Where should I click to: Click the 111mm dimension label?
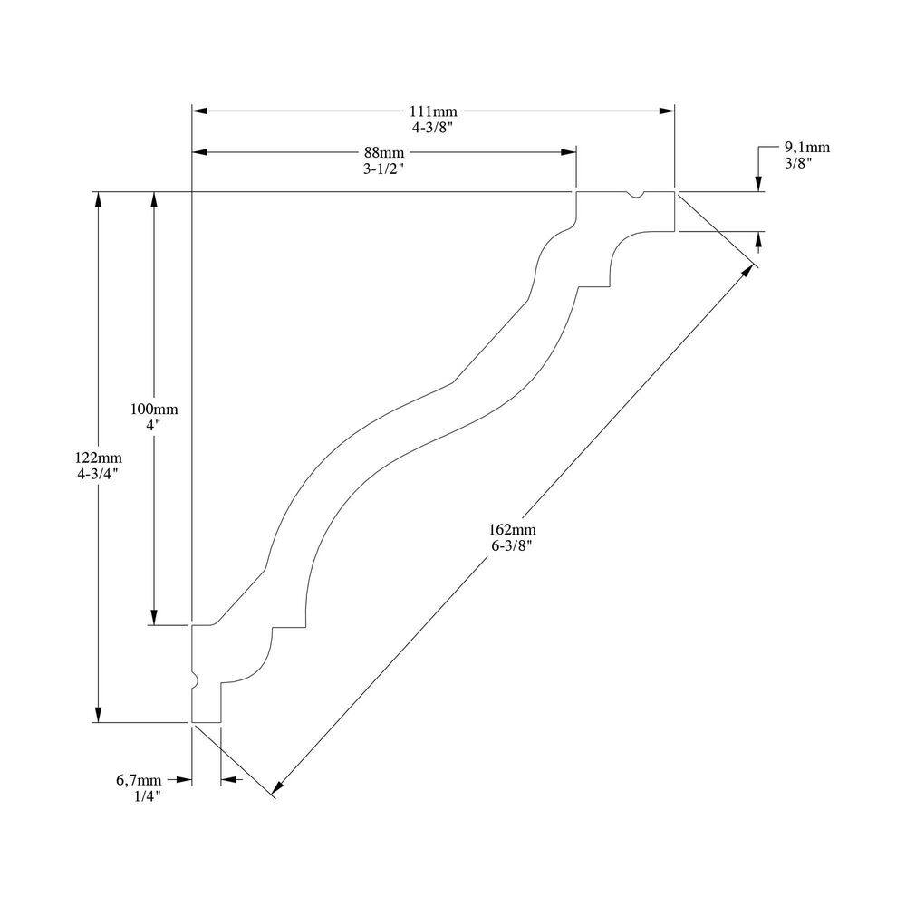432,111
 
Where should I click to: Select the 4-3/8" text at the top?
432,128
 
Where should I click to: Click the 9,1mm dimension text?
806,147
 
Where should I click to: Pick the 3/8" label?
798,163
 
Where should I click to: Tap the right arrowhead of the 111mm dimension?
667,111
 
